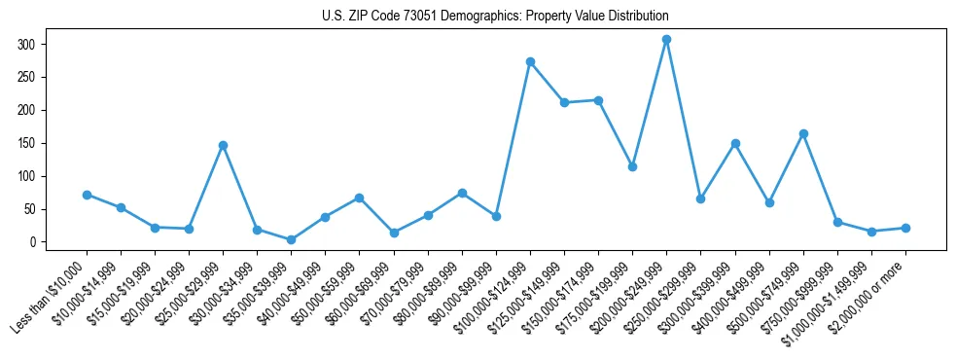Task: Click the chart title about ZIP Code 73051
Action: pos(495,17)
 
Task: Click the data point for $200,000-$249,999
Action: pos(666,40)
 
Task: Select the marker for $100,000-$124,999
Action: pos(530,61)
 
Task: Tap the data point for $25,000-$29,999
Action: pos(223,145)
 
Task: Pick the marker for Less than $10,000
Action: pos(87,195)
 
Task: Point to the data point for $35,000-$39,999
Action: pos(291,239)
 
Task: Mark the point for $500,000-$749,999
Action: pos(803,133)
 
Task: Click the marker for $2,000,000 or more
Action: pos(905,228)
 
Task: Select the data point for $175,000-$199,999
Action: pos(632,166)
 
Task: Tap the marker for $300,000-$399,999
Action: pos(735,143)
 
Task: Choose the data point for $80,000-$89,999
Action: pos(462,193)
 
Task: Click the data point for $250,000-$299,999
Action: pos(700,198)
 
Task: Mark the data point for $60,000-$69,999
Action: pos(394,233)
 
